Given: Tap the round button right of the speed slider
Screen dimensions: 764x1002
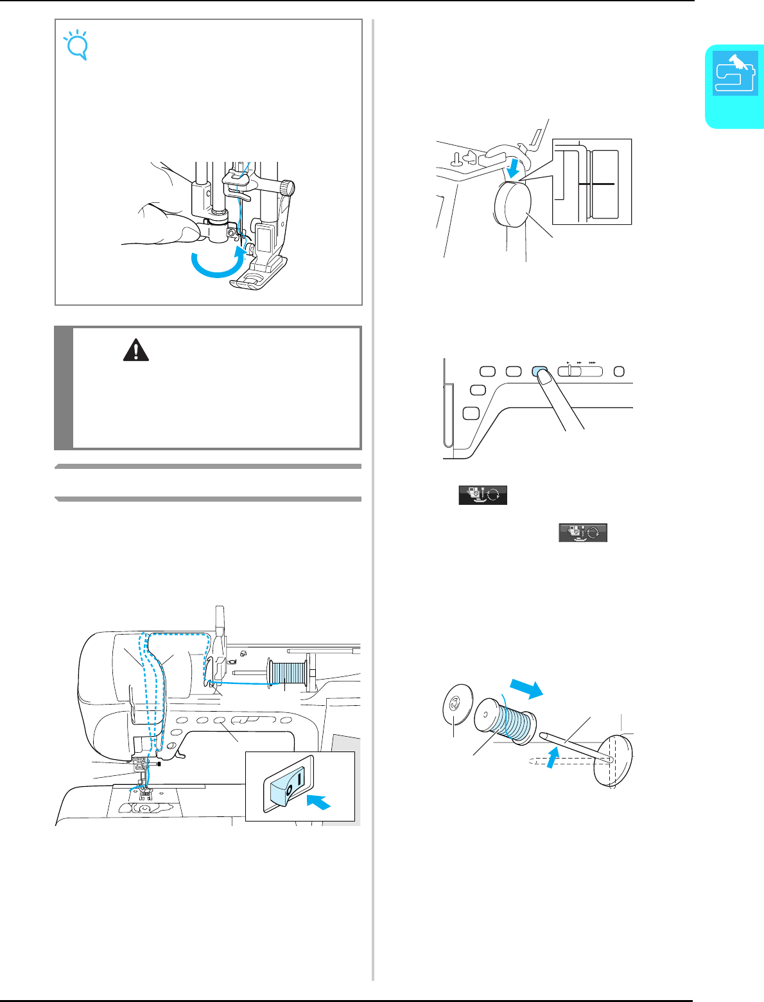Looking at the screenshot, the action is pyautogui.click(x=618, y=371).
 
